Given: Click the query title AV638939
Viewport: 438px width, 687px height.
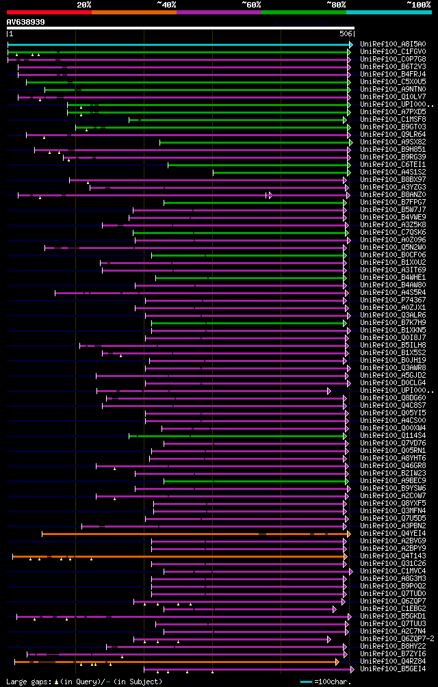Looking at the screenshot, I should point(26,22).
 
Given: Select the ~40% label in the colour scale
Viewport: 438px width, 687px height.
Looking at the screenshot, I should point(166,4).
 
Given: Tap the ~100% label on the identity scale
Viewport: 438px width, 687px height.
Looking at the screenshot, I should point(418,4).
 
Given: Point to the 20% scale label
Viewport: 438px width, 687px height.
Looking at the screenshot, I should point(84,4).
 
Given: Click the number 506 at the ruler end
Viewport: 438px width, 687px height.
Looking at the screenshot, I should point(346,34).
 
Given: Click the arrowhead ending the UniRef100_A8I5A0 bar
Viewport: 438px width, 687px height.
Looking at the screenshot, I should point(351,44).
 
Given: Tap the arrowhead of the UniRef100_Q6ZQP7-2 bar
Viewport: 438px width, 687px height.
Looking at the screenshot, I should point(329,638).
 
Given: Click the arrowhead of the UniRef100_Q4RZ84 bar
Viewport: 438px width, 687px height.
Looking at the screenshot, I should point(337,661).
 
